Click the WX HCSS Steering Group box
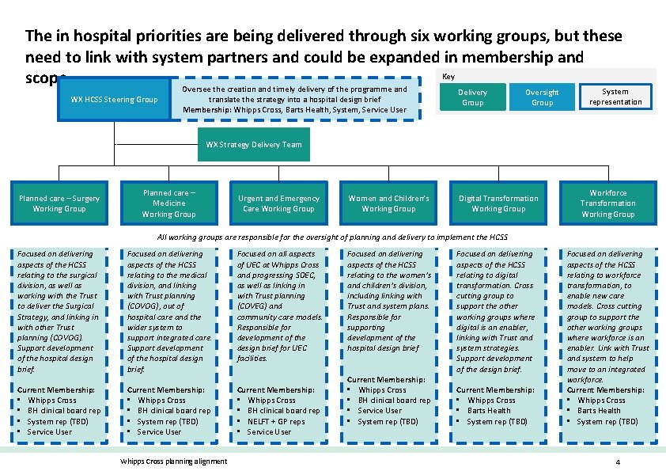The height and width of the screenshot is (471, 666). tap(114, 100)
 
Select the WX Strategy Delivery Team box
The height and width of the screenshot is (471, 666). tap(254, 145)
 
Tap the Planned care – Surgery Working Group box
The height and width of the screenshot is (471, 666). tap(59, 203)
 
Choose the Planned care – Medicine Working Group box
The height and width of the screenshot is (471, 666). tap(168, 203)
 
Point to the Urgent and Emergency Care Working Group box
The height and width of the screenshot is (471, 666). tap(278, 203)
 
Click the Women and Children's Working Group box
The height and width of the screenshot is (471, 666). tap(388, 203)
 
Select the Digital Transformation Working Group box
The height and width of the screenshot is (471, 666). tap(498, 203)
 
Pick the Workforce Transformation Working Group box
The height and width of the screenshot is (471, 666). tap(607, 203)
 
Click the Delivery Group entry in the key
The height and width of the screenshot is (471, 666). tap(473, 97)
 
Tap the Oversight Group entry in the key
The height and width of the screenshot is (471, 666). tap(543, 97)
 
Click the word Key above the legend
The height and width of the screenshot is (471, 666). tap(448, 77)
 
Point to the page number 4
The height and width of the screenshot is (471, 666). tap(616, 462)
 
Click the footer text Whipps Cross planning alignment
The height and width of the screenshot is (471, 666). tap(172, 462)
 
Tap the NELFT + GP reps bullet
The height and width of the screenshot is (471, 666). tap(276, 421)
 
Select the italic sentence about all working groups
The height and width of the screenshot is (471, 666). tap(332, 237)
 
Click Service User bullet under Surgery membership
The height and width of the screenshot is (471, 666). tap(50, 431)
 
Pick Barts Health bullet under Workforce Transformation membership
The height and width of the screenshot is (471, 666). tap(599, 411)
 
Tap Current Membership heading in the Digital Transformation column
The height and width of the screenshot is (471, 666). tap(495, 389)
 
